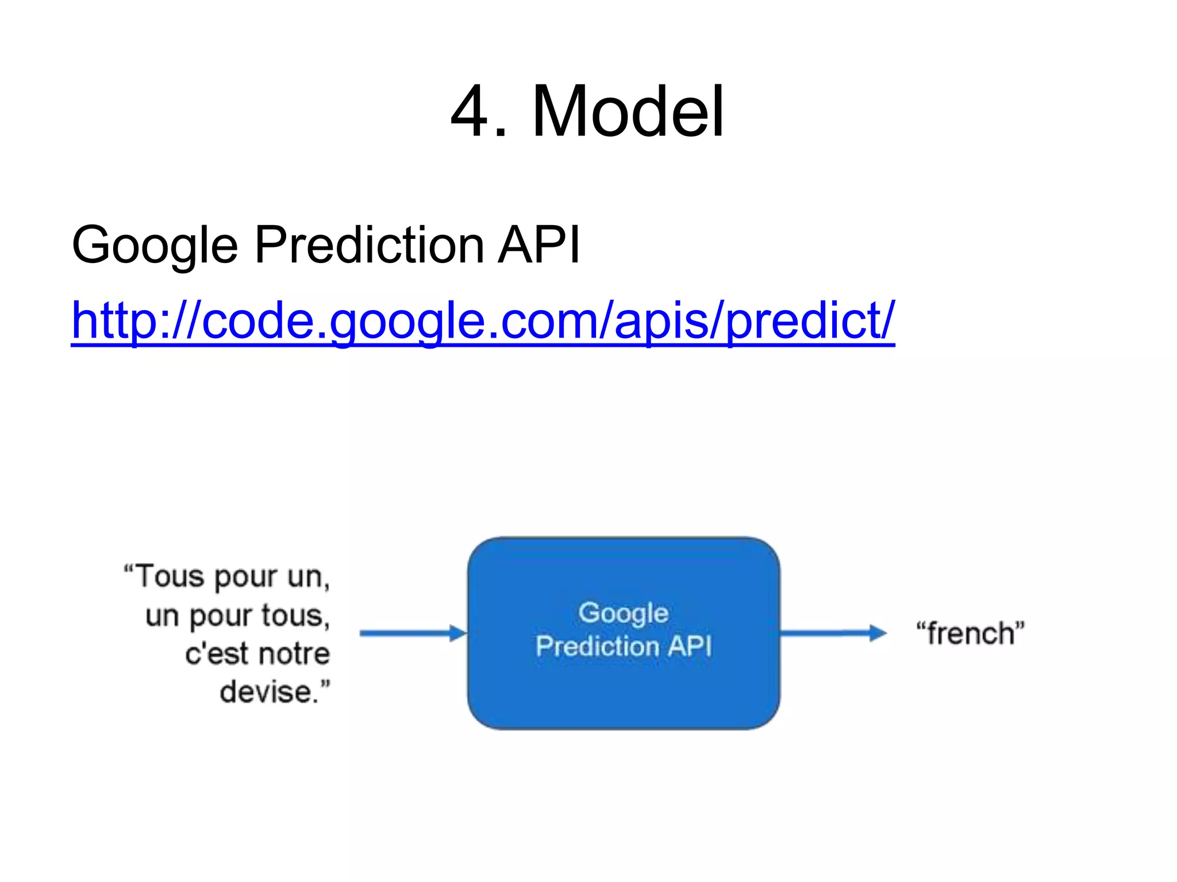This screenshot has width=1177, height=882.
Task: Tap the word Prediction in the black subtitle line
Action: tap(369, 245)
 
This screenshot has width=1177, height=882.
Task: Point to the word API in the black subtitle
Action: tap(539, 245)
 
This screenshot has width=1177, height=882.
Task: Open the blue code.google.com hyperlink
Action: tap(483, 320)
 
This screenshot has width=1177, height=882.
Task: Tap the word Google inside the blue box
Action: tap(623, 613)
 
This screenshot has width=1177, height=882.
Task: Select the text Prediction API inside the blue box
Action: tap(623, 647)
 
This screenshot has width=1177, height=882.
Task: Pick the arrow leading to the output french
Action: tap(833, 633)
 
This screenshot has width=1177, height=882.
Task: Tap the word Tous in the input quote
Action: tap(170, 577)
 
